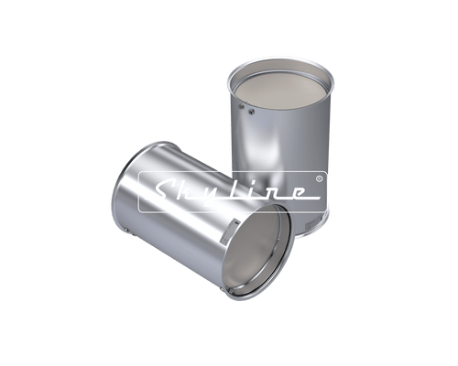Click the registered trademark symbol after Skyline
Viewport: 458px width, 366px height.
click(317, 177)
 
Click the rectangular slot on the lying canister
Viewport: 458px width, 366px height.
click(234, 223)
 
